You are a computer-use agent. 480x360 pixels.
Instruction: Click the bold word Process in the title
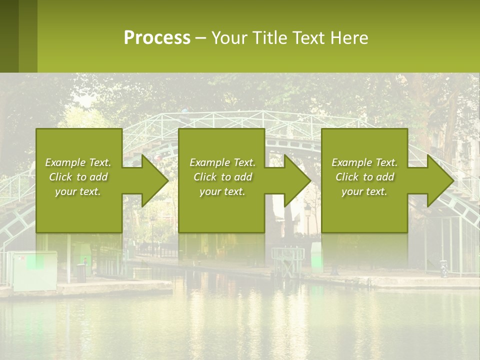click(x=157, y=38)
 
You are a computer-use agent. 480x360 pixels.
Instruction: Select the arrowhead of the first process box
click(x=154, y=180)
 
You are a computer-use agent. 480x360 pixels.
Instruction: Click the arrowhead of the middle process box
click(x=297, y=180)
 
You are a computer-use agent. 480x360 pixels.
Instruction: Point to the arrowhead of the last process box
click(x=440, y=180)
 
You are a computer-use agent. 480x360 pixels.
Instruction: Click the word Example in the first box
click(x=65, y=162)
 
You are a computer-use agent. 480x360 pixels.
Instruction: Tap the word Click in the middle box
click(x=205, y=177)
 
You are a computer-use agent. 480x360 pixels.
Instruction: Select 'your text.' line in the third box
click(x=364, y=191)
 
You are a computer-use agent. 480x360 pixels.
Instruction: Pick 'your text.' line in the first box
click(x=77, y=191)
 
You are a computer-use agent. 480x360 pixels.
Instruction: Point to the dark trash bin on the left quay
click(x=80, y=272)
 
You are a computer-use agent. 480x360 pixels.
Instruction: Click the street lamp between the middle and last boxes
click(x=307, y=215)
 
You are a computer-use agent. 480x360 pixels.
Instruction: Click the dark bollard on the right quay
click(x=443, y=269)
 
